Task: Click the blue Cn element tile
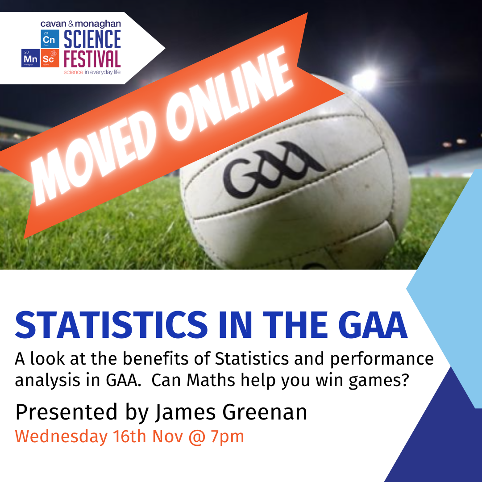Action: click(49, 39)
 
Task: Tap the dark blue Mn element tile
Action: click(30, 58)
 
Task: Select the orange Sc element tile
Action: click(50, 58)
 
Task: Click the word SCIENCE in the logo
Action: click(92, 40)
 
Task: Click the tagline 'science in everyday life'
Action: click(92, 72)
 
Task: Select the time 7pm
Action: click(227, 436)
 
